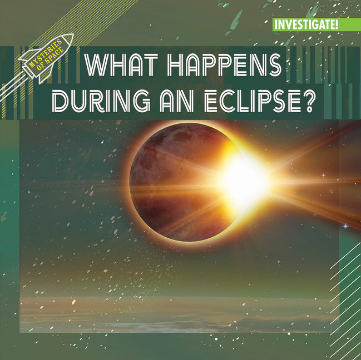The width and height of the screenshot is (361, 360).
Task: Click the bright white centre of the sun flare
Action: click(245, 179)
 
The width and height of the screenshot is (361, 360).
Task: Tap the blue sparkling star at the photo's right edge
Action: click(345, 226)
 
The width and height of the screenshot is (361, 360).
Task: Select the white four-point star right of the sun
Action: click(323, 175)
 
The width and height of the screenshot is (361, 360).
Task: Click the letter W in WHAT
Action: click(95, 67)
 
